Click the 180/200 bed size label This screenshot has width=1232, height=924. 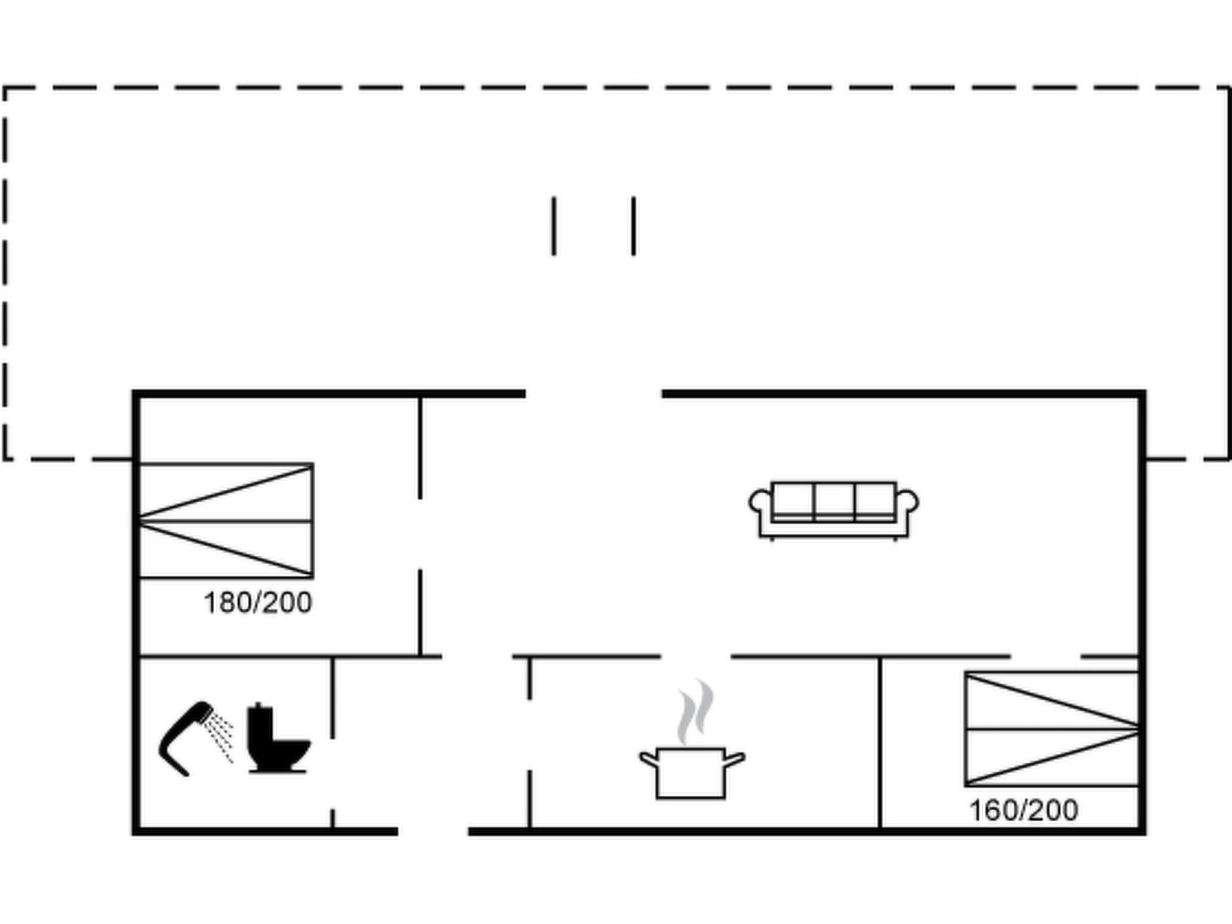(x=258, y=603)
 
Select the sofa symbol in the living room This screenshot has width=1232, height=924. (x=833, y=509)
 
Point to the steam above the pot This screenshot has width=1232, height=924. (x=695, y=710)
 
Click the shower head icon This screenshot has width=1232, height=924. (x=183, y=738)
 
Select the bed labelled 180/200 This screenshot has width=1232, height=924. (x=226, y=520)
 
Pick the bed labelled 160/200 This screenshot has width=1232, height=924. (x=1052, y=729)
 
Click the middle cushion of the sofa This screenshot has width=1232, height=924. (x=834, y=499)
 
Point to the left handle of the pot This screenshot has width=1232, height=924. (x=648, y=760)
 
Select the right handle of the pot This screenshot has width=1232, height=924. (x=735, y=759)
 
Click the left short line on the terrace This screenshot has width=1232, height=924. (x=554, y=226)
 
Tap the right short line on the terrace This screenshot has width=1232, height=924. (x=633, y=226)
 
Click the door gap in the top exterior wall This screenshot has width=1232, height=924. (x=594, y=394)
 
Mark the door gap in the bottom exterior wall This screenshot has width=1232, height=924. (x=433, y=831)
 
